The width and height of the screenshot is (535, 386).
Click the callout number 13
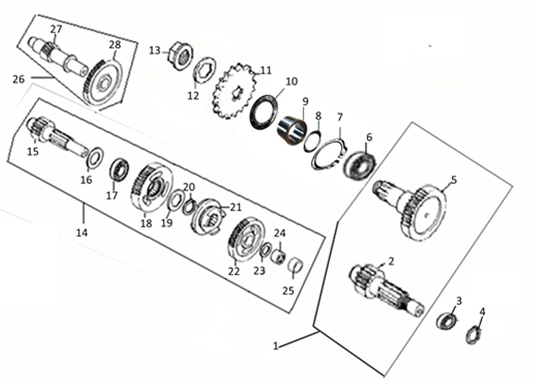click(x=155, y=51)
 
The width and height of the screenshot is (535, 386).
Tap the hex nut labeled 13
click(x=181, y=56)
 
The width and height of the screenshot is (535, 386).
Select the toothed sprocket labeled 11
click(x=235, y=91)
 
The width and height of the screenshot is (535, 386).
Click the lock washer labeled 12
click(x=205, y=70)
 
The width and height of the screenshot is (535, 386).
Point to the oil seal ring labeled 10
click(x=264, y=112)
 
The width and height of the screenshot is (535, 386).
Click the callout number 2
click(x=391, y=261)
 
